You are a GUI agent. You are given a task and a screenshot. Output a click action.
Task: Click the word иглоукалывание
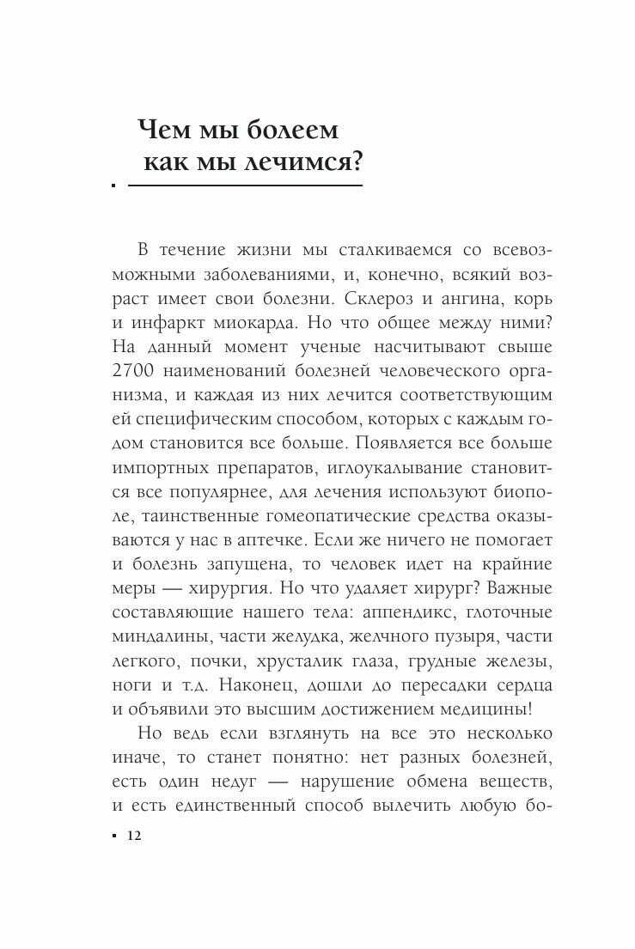381,467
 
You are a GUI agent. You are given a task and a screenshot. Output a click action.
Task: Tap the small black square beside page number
113,836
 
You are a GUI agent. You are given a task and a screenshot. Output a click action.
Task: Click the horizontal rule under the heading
244,185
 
